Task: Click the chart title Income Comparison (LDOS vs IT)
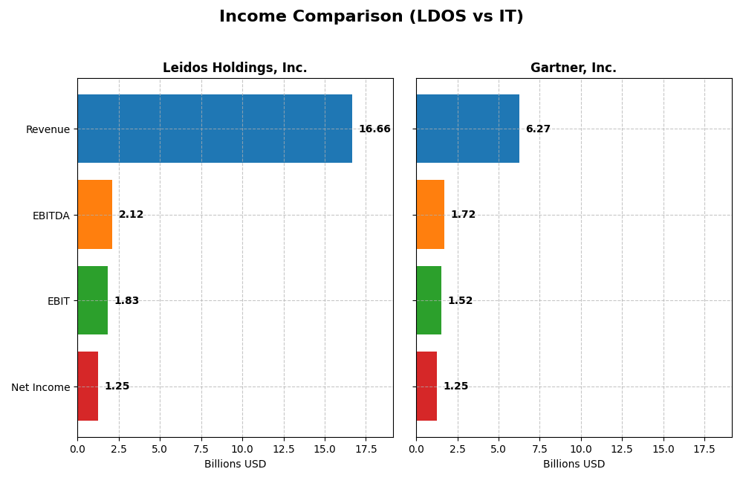point(371,16)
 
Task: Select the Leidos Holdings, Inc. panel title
point(235,68)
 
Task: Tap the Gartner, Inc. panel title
point(573,68)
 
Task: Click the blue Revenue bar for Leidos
point(215,129)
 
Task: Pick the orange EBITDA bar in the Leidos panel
point(94,215)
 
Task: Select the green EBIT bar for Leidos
point(92,300)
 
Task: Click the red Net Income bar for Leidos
point(88,386)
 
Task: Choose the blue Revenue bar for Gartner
point(467,129)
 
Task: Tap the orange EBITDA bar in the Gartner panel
point(430,215)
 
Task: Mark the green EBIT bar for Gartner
point(429,300)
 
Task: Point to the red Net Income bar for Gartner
point(426,386)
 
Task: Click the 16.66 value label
point(374,129)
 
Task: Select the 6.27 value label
point(538,129)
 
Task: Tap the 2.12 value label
point(131,215)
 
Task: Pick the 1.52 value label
point(460,301)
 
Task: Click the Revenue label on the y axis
point(48,129)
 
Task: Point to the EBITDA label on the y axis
point(51,216)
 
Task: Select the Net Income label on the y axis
point(40,387)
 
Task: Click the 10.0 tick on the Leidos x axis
point(242,449)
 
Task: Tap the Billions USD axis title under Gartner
point(574,465)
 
